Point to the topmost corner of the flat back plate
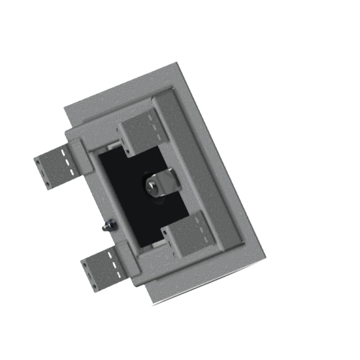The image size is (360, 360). click(176, 63)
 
